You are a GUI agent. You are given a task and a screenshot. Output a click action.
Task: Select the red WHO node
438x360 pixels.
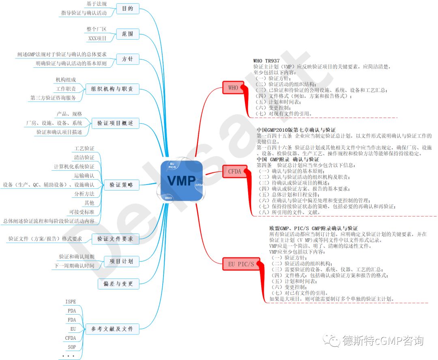(x=233, y=87)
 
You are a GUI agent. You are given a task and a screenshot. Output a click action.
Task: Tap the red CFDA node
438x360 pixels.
(x=234, y=171)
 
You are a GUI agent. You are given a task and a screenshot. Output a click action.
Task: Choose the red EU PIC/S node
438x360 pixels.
(x=241, y=264)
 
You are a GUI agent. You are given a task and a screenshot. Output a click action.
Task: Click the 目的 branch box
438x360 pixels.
(x=127, y=9)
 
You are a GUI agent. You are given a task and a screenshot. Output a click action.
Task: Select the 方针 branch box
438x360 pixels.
(x=127, y=59)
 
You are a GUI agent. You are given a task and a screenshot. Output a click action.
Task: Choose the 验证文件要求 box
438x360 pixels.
(x=115, y=239)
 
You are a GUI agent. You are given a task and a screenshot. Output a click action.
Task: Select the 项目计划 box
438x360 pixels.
(x=121, y=261)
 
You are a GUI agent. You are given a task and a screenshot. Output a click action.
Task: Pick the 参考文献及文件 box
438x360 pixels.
(x=112, y=329)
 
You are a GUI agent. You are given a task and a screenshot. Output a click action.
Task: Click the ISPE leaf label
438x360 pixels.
(x=71, y=302)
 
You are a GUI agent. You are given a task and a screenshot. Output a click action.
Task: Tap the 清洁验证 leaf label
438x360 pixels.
(x=84, y=157)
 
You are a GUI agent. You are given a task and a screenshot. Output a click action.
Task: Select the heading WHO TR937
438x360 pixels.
(x=266, y=61)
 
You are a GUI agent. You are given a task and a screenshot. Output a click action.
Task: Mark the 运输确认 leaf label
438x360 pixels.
(x=84, y=176)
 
